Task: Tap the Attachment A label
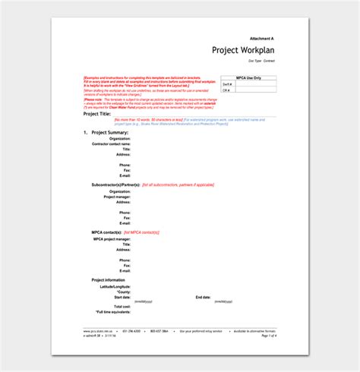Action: (x=262, y=37)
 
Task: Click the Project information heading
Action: (x=109, y=280)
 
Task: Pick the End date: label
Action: (x=203, y=297)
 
